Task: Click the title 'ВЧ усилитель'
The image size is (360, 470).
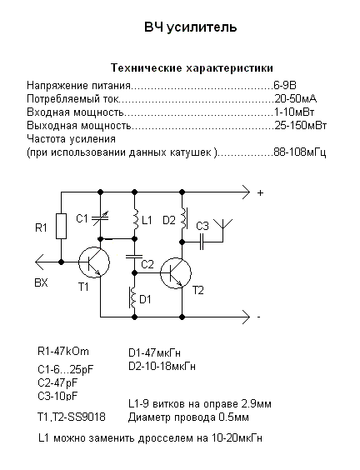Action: (x=190, y=27)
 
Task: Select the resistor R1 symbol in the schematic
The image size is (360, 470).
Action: (x=61, y=226)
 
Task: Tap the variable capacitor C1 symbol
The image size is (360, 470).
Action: (x=100, y=219)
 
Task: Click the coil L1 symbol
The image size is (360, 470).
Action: (x=135, y=220)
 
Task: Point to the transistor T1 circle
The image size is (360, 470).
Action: (x=94, y=262)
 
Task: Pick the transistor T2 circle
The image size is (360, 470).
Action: (x=176, y=273)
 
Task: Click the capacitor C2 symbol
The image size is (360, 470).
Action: (x=135, y=257)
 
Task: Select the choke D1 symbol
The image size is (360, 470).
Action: (x=132, y=297)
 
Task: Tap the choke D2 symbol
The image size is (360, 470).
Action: (x=183, y=217)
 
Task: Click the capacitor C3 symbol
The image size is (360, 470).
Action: (x=202, y=242)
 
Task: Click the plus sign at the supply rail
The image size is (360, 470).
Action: (x=260, y=193)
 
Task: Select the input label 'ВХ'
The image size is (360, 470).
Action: (x=41, y=282)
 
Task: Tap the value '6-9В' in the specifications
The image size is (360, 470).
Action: (x=285, y=86)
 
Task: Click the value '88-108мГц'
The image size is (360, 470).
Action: (x=300, y=152)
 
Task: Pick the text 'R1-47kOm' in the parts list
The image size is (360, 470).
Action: (x=63, y=352)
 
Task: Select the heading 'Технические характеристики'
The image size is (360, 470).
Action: (x=192, y=68)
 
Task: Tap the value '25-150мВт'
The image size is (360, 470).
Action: (x=301, y=125)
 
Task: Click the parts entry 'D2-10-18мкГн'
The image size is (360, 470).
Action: (x=162, y=367)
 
